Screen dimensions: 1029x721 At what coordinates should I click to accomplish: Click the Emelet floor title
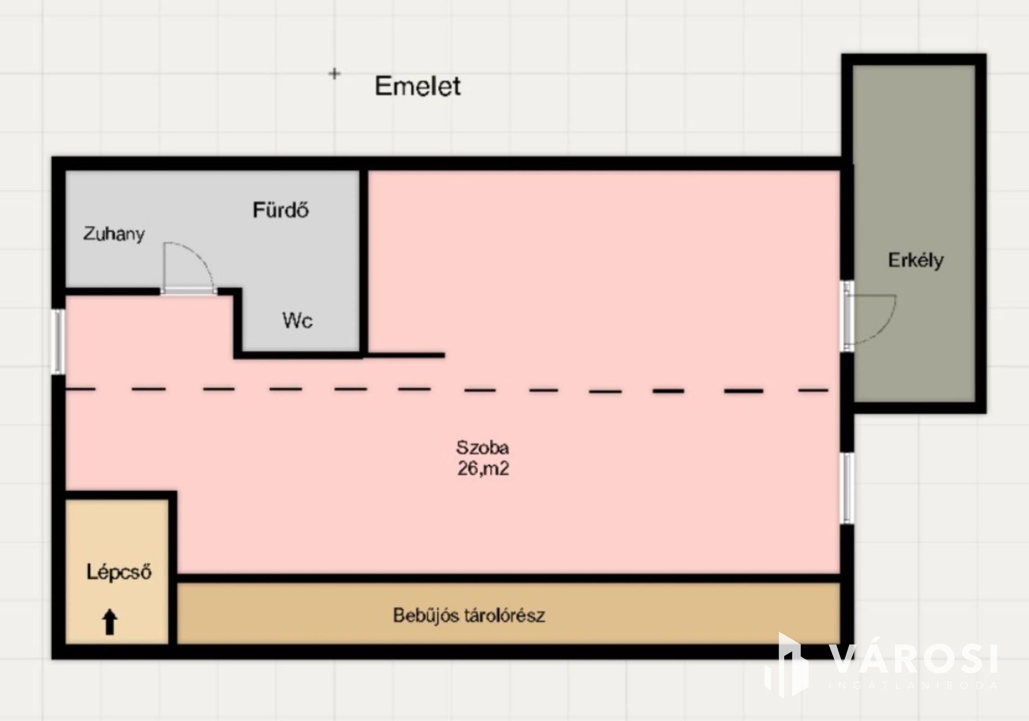click(x=418, y=86)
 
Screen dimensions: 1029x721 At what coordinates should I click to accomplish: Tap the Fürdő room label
click(x=280, y=210)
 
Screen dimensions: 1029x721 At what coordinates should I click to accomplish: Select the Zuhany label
click(x=114, y=234)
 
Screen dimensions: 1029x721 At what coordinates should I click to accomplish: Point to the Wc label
click(x=297, y=321)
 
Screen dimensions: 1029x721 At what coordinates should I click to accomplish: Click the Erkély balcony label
click(x=915, y=260)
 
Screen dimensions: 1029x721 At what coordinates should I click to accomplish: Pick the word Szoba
click(x=482, y=448)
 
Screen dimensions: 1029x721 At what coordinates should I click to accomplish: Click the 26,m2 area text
click(x=483, y=469)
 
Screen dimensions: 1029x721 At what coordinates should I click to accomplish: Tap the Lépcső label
click(x=119, y=572)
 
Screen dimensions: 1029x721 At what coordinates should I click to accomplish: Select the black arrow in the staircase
click(x=110, y=622)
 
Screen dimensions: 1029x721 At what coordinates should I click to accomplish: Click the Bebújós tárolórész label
click(x=469, y=615)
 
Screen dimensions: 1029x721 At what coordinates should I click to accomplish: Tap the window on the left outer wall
click(x=58, y=341)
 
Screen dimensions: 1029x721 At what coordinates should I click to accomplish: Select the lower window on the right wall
click(x=847, y=488)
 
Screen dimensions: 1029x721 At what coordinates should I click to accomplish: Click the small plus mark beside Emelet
click(x=334, y=74)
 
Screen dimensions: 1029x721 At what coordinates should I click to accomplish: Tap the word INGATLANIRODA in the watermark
click(x=914, y=686)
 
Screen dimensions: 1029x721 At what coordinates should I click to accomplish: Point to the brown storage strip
click(x=508, y=614)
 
